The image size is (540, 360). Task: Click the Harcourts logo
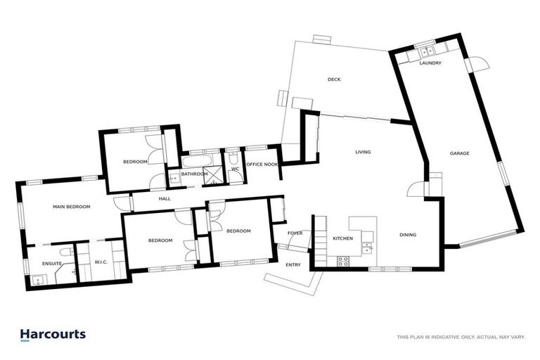[x=53, y=335]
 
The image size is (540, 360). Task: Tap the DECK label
[x=334, y=79]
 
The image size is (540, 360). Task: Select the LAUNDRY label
[x=430, y=63]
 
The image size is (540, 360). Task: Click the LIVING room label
[x=363, y=152]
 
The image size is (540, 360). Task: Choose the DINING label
[x=408, y=235]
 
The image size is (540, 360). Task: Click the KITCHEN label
[x=343, y=239]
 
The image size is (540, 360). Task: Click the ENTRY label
[x=293, y=264]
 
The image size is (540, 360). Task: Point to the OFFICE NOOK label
[x=262, y=165]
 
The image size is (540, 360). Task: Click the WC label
[x=235, y=168]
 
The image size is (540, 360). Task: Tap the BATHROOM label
[x=194, y=174]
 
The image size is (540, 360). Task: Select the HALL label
[x=165, y=199]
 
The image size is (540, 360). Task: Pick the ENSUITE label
[x=52, y=264]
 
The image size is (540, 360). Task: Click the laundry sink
[x=425, y=51]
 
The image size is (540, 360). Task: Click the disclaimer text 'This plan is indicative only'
[x=461, y=337]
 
